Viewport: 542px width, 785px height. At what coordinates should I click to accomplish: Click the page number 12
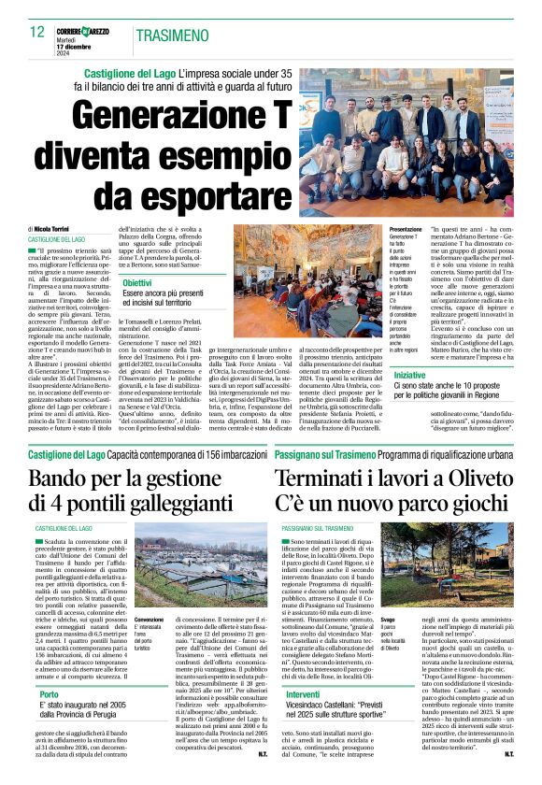(x=37, y=32)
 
